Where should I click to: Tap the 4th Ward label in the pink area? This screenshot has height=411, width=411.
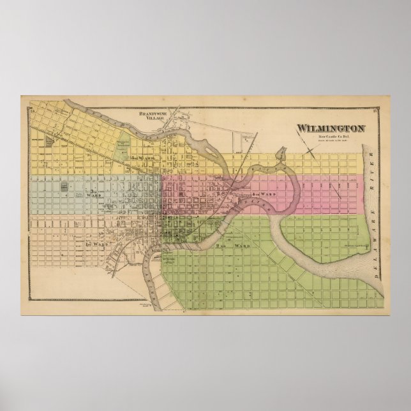[262, 193]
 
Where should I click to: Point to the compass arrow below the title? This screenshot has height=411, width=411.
[311, 148]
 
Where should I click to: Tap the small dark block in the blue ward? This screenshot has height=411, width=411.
[64, 188]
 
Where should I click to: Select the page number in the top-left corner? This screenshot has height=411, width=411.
[30, 109]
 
